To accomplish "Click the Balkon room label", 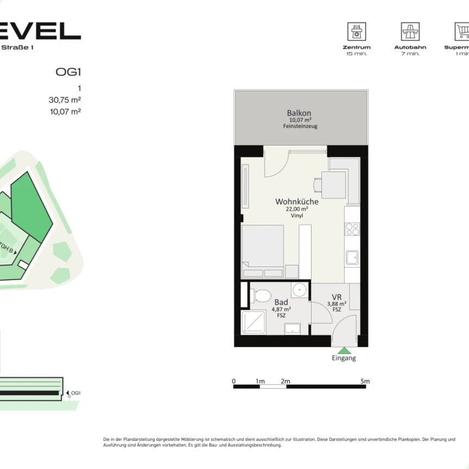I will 299,113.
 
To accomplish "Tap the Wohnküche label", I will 296,201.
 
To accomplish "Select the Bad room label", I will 281,302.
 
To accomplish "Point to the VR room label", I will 336,297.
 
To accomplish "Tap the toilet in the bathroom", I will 262,296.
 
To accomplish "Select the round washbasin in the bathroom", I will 299,290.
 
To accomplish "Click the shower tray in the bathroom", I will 255,322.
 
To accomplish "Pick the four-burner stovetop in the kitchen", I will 352,229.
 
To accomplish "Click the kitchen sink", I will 352,257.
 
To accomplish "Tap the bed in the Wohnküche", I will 263,252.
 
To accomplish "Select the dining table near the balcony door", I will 333,185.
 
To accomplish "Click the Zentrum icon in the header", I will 357,31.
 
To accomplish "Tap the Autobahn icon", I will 410,31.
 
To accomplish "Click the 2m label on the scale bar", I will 286,382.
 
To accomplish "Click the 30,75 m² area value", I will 65,99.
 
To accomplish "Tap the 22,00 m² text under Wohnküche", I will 296,209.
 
